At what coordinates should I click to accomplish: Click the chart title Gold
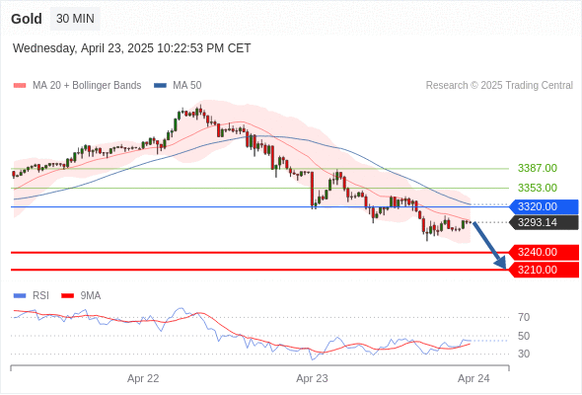pyautogui.click(x=27, y=19)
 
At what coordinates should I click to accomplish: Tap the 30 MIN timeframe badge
pyautogui.click(x=75, y=19)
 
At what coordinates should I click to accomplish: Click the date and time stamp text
pyautogui.click(x=132, y=48)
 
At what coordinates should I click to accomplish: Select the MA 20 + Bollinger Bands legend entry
pyautogui.click(x=77, y=86)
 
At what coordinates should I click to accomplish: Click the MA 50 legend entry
pyautogui.click(x=178, y=86)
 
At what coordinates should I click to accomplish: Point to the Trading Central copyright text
pyautogui.click(x=499, y=86)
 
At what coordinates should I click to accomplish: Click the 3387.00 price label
pyautogui.click(x=538, y=168)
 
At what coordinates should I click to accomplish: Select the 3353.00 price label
pyautogui.click(x=538, y=188)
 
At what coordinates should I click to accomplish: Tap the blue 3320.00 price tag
pyautogui.click(x=545, y=206)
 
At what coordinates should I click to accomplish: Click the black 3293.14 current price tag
pyautogui.click(x=545, y=222)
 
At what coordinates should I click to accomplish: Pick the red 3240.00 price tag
pyautogui.click(x=545, y=253)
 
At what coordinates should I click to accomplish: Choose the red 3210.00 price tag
pyautogui.click(x=545, y=270)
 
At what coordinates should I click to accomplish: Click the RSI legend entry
pyautogui.click(x=32, y=296)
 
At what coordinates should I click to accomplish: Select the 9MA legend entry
pyautogui.click(x=81, y=296)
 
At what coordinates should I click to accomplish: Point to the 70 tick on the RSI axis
pyautogui.click(x=524, y=317)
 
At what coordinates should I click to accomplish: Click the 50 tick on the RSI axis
pyautogui.click(x=524, y=336)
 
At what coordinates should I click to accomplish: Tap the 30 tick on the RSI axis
pyautogui.click(x=524, y=354)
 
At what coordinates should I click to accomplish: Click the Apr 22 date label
pyautogui.click(x=143, y=378)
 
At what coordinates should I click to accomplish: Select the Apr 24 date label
pyautogui.click(x=473, y=378)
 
